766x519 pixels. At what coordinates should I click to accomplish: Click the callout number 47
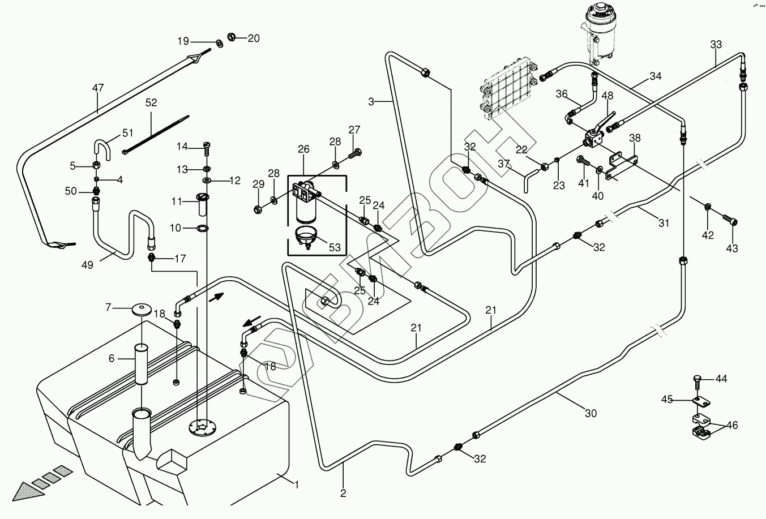click(x=98, y=88)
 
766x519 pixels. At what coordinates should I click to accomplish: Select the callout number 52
click(x=151, y=103)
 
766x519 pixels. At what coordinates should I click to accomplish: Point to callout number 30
click(x=590, y=414)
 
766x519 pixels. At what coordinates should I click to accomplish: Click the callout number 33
click(x=716, y=44)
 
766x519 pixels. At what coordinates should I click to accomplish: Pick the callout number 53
click(x=335, y=247)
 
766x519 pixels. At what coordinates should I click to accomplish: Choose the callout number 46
click(x=732, y=425)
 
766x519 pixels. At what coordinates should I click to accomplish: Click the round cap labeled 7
click(x=142, y=309)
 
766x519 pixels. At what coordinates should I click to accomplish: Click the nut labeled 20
click(x=232, y=37)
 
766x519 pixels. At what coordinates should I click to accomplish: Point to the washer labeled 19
click(x=218, y=42)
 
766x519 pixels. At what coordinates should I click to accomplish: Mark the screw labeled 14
click(x=206, y=148)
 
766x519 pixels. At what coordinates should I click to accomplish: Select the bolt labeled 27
click(x=356, y=152)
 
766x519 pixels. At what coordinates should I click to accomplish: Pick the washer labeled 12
click(x=207, y=181)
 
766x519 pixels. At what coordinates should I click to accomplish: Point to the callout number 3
click(x=371, y=102)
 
